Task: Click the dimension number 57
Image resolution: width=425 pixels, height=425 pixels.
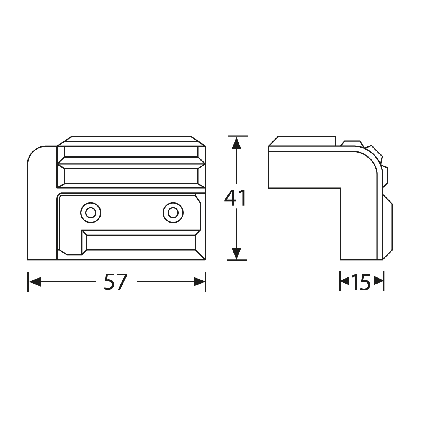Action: pyautogui.click(x=115, y=282)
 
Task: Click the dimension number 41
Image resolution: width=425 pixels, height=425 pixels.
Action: pyautogui.click(x=235, y=198)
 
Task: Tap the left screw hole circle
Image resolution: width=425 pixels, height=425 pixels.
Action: pyautogui.click(x=91, y=213)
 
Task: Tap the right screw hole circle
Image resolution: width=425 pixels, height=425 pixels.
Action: pyautogui.click(x=173, y=213)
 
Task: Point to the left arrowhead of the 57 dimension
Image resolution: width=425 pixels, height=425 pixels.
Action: pyautogui.click(x=35, y=282)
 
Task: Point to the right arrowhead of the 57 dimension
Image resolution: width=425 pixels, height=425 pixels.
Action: pyautogui.click(x=199, y=282)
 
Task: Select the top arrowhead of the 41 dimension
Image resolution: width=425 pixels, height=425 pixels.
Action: pyautogui.click(x=236, y=143)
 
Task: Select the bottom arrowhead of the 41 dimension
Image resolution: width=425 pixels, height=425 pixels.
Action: pyautogui.click(x=236, y=254)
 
